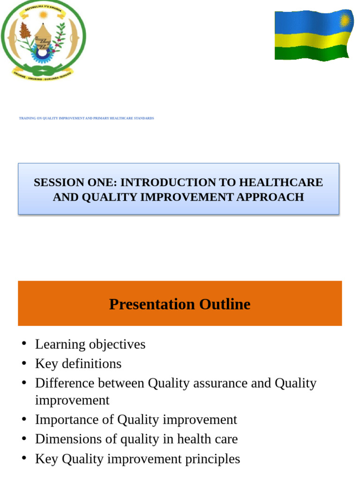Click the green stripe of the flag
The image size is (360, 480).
pos(311,52)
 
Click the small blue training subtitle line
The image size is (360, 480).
pos(86,118)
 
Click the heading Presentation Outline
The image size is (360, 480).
pos(180,304)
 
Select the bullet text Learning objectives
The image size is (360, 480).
pos(90,344)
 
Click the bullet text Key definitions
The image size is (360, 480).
pos(78,364)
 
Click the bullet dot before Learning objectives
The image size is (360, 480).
pos(23,345)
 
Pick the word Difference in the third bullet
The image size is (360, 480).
pos(62,383)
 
